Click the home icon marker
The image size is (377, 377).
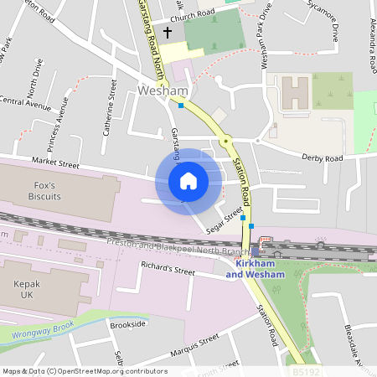coord(188,180)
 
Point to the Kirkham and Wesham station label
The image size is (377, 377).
coord(256,268)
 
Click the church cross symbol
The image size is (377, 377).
coord(167,34)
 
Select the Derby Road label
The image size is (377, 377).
coord(323,158)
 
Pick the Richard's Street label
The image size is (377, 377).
coord(168,271)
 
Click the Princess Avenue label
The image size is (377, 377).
coord(55,121)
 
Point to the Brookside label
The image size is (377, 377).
coord(127,323)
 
